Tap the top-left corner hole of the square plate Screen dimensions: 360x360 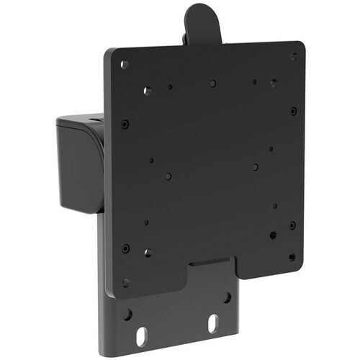click(125, 64)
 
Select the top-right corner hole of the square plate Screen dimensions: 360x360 click(293, 56)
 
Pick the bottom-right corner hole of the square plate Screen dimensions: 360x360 click(292, 256)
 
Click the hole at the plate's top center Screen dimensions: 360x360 click(212, 84)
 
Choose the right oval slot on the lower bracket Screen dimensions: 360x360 click(213, 324)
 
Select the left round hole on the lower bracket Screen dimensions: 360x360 click(128, 315)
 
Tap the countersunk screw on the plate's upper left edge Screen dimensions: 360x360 click(125, 123)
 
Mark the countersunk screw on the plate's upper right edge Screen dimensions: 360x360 click(293, 110)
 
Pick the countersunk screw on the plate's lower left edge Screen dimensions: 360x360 click(125, 248)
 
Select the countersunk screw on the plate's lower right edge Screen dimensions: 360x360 click(292, 225)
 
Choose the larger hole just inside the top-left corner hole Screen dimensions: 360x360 click(147, 91)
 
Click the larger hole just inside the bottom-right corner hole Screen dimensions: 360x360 click(273, 234)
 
